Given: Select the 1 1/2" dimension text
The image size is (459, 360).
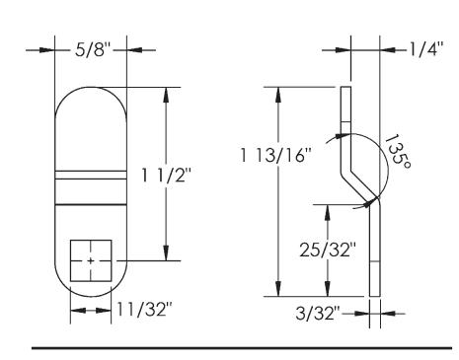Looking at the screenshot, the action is coord(166,176).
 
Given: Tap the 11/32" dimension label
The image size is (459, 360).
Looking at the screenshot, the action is coord(145,310).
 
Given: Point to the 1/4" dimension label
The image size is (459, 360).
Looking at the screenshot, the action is coord(426,49).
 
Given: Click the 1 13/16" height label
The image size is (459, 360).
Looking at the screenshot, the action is coord(275,155).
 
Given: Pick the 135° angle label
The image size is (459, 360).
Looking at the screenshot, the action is coord(397,152).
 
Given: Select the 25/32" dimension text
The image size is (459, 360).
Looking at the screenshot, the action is coord(328,250).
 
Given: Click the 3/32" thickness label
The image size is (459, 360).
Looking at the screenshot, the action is coord(317,314).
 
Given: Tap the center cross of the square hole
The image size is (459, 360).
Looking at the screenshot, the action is coord(91,261).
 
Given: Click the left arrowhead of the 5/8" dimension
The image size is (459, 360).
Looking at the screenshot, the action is coord(47,50).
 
